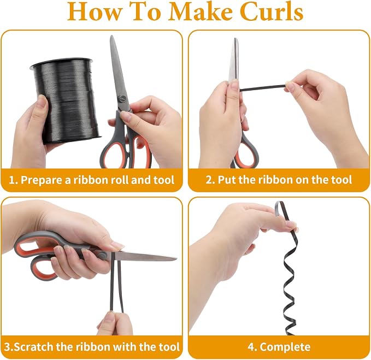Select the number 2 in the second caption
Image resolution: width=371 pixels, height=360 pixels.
point(209,180)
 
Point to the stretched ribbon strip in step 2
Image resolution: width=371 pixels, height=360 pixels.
point(263,88)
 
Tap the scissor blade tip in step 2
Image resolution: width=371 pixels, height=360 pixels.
point(235,39)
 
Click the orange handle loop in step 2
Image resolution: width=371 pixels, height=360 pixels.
point(248,152)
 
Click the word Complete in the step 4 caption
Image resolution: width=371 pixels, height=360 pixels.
point(285,347)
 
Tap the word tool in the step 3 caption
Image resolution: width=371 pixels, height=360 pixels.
point(169,347)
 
